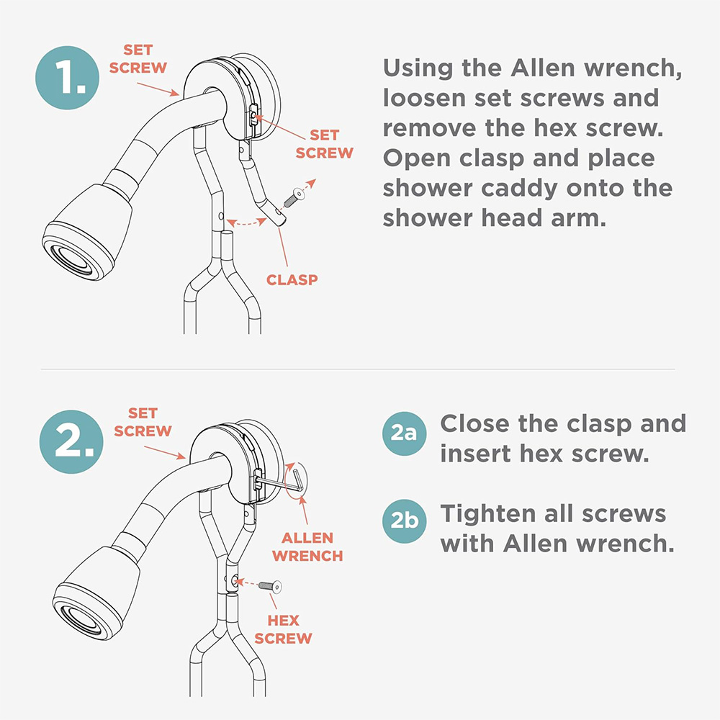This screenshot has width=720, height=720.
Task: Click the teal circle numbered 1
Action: point(67,78)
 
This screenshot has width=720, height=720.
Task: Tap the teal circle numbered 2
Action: point(71,442)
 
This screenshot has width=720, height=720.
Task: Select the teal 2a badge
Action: point(404,433)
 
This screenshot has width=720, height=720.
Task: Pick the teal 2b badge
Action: point(404,521)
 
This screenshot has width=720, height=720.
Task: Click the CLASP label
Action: point(292,279)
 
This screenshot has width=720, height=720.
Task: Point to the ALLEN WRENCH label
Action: point(307,547)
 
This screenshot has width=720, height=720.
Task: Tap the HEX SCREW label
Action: point(283,629)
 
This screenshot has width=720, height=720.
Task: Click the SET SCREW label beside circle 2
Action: point(143,422)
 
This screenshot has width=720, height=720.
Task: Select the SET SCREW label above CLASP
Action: point(324,144)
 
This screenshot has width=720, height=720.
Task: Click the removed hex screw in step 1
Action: point(294,198)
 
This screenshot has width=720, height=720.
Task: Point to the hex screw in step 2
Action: point(270,586)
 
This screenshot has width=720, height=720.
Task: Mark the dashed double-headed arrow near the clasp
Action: point(247,224)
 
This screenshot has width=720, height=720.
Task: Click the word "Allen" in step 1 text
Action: point(543,68)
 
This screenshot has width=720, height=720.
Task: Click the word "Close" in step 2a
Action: point(474,423)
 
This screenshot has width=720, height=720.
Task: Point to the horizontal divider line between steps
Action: point(358,369)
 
